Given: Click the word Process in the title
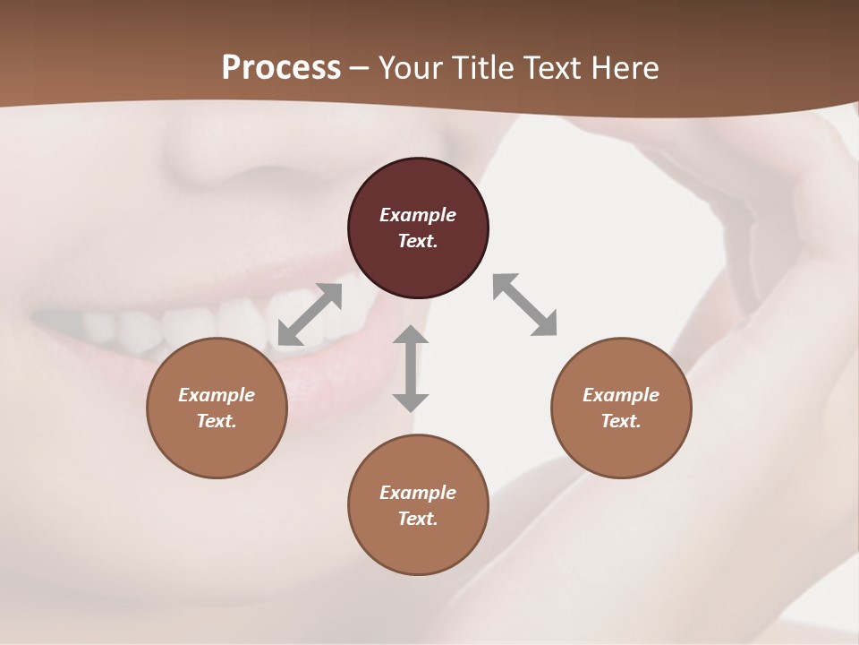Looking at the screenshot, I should [281, 68].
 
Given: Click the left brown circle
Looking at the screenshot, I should [217, 448].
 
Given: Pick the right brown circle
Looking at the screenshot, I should [621, 448].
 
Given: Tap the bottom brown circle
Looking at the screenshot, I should [418, 546].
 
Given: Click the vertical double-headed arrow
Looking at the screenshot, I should [411, 368].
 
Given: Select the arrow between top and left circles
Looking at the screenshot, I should [310, 314].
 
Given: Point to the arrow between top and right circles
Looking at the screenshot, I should [525, 305].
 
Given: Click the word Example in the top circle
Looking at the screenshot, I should [418, 215].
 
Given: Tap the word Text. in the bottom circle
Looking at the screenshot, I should [418, 519].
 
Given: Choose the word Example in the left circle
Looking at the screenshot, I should [217, 395].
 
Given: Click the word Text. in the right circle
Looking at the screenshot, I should [621, 421].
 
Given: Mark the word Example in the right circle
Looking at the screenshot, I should [621, 395].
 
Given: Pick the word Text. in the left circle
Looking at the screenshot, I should [217, 421].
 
